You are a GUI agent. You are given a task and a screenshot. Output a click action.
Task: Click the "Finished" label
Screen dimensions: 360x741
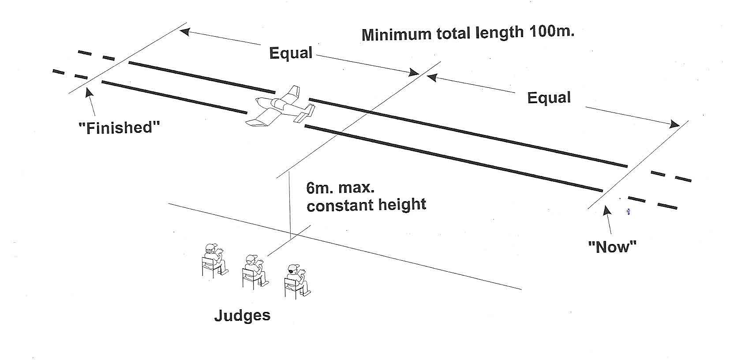119,127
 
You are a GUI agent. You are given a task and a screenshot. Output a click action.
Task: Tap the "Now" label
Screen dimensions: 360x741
612,247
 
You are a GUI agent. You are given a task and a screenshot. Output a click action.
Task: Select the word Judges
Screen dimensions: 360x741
242,315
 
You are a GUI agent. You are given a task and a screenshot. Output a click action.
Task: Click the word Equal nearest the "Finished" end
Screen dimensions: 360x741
291,53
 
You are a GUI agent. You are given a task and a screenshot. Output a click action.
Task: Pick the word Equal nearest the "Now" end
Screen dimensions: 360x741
549,97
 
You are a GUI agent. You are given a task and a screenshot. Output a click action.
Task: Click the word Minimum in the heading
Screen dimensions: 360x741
396,34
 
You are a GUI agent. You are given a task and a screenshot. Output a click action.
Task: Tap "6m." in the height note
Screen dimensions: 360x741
321,188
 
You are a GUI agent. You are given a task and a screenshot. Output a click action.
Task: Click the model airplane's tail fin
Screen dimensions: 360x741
292,94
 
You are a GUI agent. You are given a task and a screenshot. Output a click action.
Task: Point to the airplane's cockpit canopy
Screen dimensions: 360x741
281,105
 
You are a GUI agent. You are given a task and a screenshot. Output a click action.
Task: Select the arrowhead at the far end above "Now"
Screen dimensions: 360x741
674,124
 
